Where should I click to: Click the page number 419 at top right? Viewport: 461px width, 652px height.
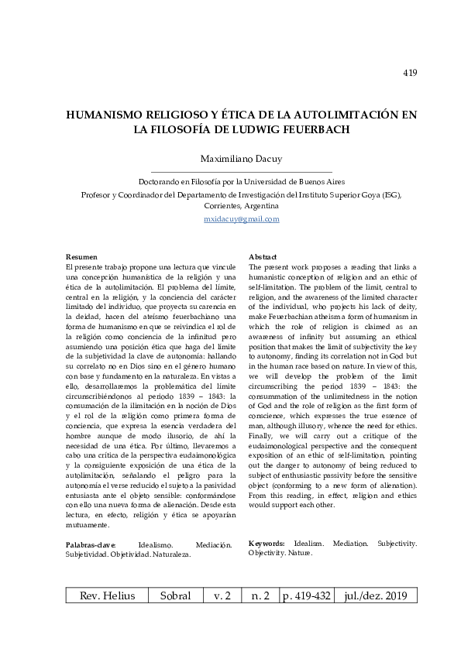pyautogui.click(x=411, y=74)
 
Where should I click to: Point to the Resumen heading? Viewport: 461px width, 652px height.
pyautogui.click(x=81, y=256)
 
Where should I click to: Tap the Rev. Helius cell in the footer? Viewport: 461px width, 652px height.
pyautogui.click(x=107, y=595)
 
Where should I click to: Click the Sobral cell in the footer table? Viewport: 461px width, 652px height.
pyautogui.click(x=174, y=595)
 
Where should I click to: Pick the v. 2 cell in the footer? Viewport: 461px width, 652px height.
pyautogui.click(x=223, y=595)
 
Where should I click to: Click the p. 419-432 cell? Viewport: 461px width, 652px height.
pyautogui.click(x=310, y=595)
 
